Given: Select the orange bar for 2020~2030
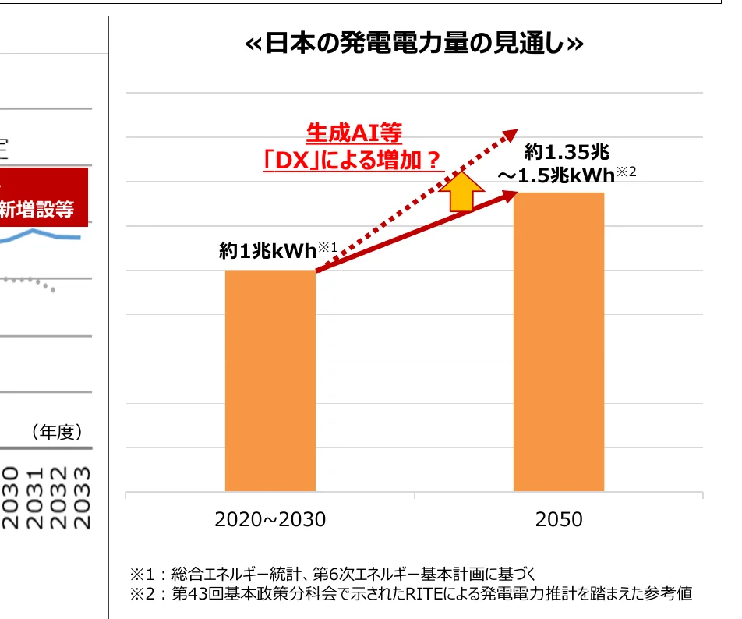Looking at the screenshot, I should coord(270,380).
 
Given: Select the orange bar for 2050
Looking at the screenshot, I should coord(558,341).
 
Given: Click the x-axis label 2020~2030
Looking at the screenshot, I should coord(270,519).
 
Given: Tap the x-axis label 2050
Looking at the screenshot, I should coord(558,519).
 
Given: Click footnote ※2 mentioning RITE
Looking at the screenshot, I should coord(411,594).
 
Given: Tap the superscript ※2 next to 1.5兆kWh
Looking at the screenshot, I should coord(627,172).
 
